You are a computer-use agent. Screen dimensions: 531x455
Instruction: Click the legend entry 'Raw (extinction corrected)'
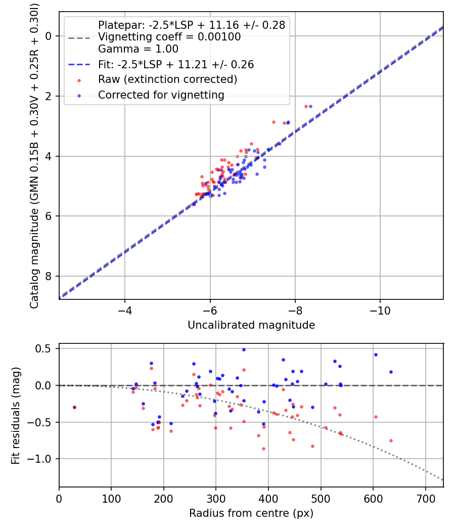click(x=167, y=79)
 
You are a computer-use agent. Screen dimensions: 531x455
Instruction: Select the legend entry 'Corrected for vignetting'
click(x=161, y=95)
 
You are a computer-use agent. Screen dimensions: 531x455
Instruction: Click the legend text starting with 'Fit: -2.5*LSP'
click(x=175, y=64)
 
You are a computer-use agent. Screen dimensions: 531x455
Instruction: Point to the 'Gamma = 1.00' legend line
click(x=138, y=49)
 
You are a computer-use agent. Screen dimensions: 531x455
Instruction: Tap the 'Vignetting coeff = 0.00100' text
click(x=169, y=37)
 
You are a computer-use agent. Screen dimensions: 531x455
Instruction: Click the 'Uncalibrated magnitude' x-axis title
click(x=251, y=325)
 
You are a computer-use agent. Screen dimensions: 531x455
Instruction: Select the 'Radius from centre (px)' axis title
click(x=251, y=513)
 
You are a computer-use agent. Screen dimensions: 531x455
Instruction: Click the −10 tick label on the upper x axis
click(x=380, y=311)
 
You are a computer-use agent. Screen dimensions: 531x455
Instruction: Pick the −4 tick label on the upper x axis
click(x=125, y=311)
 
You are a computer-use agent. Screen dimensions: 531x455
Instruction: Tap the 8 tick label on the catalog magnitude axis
click(x=49, y=276)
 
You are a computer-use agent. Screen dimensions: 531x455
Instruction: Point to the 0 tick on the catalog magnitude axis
click(x=49, y=36)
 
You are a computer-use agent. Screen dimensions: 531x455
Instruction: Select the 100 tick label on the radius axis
click(x=111, y=499)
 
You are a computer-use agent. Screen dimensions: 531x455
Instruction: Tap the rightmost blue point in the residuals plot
click(x=391, y=372)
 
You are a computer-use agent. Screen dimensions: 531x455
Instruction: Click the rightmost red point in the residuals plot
click(x=391, y=440)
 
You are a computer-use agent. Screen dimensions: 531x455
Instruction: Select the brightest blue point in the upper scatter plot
click(x=310, y=106)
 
